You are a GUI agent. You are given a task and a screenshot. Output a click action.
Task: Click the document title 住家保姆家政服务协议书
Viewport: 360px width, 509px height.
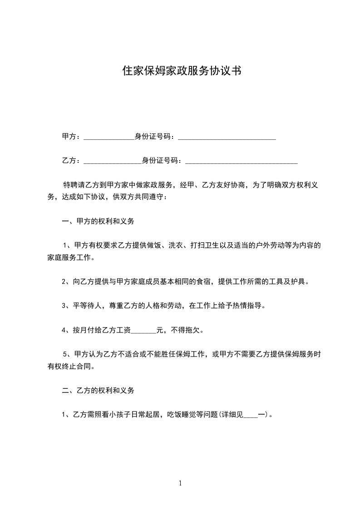[181, 71]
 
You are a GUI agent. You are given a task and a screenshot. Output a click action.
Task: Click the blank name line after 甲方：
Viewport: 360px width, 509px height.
[109, 137]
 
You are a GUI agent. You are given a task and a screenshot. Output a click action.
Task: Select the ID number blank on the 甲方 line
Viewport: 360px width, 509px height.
[227, 137]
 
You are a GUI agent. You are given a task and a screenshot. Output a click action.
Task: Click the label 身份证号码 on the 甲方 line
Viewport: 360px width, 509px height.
[154, 136]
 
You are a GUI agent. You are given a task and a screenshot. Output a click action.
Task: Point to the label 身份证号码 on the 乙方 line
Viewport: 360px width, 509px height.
[161, 160]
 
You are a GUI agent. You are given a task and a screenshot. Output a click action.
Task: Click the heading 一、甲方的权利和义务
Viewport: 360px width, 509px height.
[98, 221]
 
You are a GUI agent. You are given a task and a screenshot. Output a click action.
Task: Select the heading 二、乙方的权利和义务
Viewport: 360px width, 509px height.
[98, 390]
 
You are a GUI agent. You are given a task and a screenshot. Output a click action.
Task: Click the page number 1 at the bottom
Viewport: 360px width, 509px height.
[180, 483]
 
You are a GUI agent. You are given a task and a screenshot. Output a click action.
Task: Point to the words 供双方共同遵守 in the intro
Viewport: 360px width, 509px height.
[138, 197]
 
